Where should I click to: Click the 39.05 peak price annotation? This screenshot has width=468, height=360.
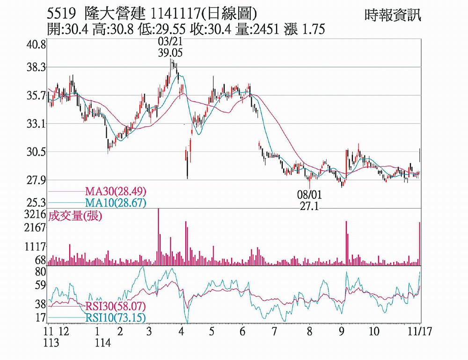click(x=170, y=53)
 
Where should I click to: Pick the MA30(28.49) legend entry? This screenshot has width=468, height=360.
click(x=116, y=191)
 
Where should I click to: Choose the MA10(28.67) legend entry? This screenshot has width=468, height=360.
click(x=116, y=202)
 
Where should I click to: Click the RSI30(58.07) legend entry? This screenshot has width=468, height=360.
click(x=116, y=307)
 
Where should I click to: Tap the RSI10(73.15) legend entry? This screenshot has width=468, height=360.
click(x=116, y=318)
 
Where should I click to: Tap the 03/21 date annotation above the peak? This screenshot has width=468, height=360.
click(x=170, y=43)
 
